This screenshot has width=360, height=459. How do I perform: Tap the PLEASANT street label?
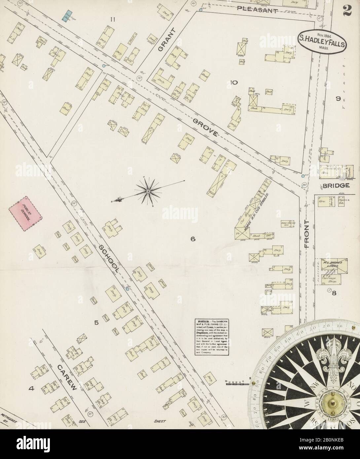pyautogui.click(x=256, y=11)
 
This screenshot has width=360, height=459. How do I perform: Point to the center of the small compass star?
pyautogui.click(x=148, y=191)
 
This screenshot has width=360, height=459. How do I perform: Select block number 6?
pyautogui.click(x=193, y=240)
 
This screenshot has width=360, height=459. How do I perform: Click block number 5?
pyautogui.click(x=96, y=323)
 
